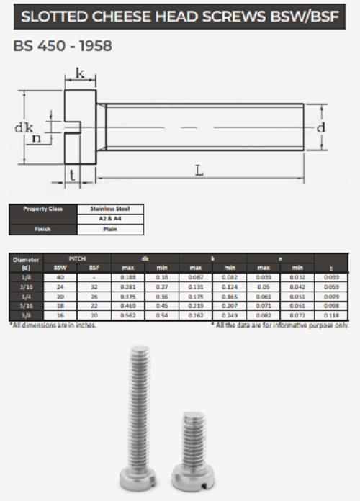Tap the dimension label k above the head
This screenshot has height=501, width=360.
80,74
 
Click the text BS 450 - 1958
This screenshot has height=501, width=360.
63,45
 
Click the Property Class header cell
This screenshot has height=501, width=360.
42,209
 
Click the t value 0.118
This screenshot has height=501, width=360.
332,315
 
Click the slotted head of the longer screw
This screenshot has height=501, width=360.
138,481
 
